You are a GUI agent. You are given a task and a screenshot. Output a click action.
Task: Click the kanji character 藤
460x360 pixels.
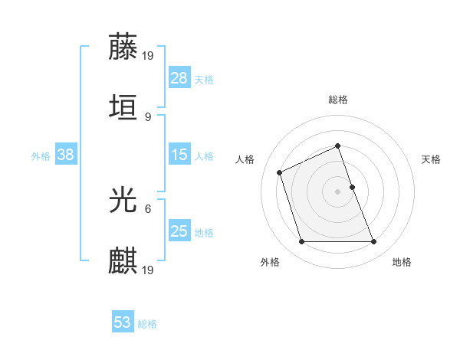(123, 47)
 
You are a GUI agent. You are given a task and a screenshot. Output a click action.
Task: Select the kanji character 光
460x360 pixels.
(123, 200)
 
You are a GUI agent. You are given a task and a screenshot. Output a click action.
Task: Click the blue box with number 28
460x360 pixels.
(179, 78)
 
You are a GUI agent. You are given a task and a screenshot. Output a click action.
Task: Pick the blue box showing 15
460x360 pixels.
(179, 155)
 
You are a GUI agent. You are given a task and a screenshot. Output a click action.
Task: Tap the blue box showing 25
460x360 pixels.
(179, 231)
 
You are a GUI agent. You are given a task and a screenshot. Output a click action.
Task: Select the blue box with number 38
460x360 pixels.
(66, 155)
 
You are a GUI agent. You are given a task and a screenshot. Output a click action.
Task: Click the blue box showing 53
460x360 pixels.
(123, 322)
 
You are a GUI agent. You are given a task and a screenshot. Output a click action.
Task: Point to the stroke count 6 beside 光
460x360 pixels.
(147, 208)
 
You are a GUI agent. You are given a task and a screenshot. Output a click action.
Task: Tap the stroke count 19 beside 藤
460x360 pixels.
(149, 55)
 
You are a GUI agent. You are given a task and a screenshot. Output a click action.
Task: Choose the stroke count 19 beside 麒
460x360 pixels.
(149, 270)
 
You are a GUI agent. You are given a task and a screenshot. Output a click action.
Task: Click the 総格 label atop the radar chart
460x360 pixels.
(338, 100)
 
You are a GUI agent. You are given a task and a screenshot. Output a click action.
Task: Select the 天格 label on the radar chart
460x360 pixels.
(431, 159)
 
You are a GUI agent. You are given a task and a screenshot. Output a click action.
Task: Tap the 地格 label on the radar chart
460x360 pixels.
(402, 262)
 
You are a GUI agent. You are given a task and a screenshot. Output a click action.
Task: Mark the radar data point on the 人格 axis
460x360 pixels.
(281, 172)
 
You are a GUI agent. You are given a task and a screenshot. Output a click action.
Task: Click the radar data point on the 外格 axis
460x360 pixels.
(301, 242)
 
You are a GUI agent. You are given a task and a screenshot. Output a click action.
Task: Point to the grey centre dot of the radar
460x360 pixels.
(338, 191)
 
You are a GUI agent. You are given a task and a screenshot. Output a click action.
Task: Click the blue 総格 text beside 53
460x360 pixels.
(147, 324)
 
